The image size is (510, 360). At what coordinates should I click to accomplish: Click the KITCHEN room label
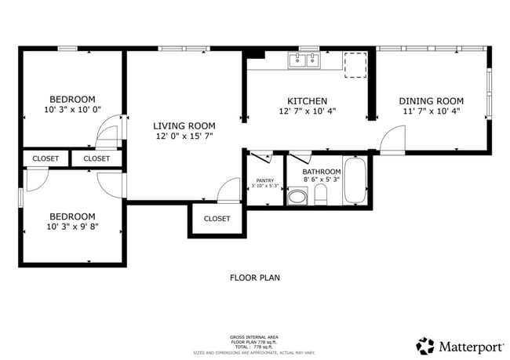pos(307,101)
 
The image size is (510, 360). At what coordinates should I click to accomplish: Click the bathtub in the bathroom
pos(355,181)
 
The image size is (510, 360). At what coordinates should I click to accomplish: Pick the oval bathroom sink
pos(297,196)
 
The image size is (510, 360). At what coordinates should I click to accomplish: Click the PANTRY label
pos(264,180)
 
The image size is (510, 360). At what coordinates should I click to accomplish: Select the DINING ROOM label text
pos(431,101)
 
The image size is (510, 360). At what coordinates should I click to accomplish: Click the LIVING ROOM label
pos(184,125)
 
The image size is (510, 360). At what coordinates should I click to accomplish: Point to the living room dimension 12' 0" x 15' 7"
pos(184,136)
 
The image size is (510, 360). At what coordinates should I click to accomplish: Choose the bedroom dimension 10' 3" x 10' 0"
pos(72,111)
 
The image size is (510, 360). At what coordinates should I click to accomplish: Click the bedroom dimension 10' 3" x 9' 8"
pos(72,227)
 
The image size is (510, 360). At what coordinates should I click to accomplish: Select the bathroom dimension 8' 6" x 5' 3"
pos(322,180)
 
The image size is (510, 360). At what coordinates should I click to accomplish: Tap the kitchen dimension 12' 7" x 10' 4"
pos(307,111)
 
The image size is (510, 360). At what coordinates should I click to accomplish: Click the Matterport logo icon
pos(425,345)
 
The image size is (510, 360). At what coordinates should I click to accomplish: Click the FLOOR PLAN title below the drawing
pos(254,278)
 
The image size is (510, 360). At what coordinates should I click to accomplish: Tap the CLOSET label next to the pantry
pos(217,219)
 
